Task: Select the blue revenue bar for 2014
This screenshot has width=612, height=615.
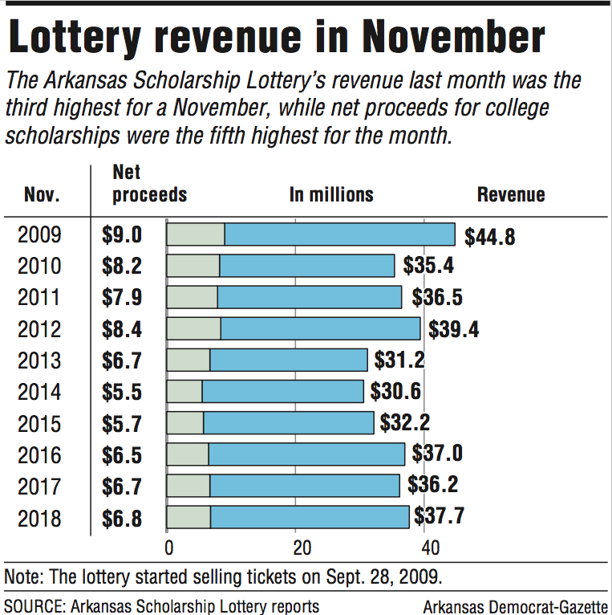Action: tap(282, 392)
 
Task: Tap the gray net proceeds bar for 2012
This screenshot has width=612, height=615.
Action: tap(193, 328)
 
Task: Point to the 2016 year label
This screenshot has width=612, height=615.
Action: tap(39, 455)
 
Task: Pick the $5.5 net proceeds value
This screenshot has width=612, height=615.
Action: tap(122, 392)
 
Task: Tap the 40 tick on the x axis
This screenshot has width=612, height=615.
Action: tap(430, 548)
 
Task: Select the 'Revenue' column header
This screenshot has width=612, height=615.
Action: tap(511, 195)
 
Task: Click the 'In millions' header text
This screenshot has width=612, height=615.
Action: tap(331, 195)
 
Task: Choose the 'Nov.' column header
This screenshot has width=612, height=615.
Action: tap(42, 195)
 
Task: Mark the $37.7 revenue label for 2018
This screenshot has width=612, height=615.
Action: tap(440, 517)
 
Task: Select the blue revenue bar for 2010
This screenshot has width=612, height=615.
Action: tap(307, 266)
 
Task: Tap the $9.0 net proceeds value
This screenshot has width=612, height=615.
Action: tap(122, 235)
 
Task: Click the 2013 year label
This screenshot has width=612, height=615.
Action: tap(39, 360)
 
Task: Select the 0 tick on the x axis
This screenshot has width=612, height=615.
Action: tap(169, 548)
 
